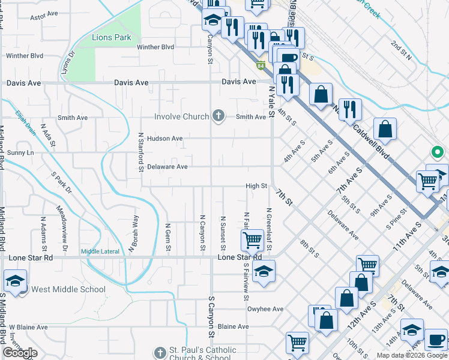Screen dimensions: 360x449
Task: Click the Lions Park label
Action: [112, 37]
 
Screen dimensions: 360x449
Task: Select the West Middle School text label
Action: [68, 289]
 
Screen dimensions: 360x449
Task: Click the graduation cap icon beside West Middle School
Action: [15, 280]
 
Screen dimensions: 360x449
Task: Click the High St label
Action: [256, 186]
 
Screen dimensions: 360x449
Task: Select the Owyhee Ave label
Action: [265, 310]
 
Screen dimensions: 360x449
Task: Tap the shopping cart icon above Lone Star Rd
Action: [253, 240]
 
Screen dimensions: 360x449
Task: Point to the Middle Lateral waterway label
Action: [100, 251]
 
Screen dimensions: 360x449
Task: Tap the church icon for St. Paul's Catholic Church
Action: [159, 353]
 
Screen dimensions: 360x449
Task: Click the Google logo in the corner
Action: [20, 353]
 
